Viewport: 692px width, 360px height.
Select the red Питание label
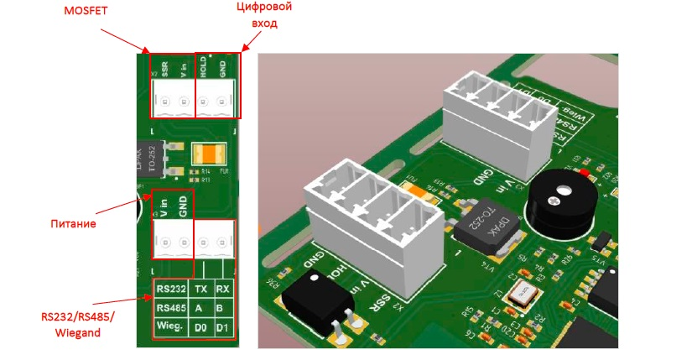click(74, 225)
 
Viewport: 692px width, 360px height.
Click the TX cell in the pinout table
click(200, 289)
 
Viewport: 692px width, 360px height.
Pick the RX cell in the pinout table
click(223, 289)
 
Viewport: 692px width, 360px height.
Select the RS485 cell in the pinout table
click(170, 306)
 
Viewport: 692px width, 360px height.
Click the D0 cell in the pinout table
click(200, 325)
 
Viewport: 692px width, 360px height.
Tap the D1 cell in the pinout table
click(223, 325)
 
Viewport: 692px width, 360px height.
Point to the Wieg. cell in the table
click(170, 325)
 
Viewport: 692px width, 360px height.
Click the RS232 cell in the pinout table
click(170, 289)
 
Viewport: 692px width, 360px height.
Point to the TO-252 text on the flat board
click(153, 159)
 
